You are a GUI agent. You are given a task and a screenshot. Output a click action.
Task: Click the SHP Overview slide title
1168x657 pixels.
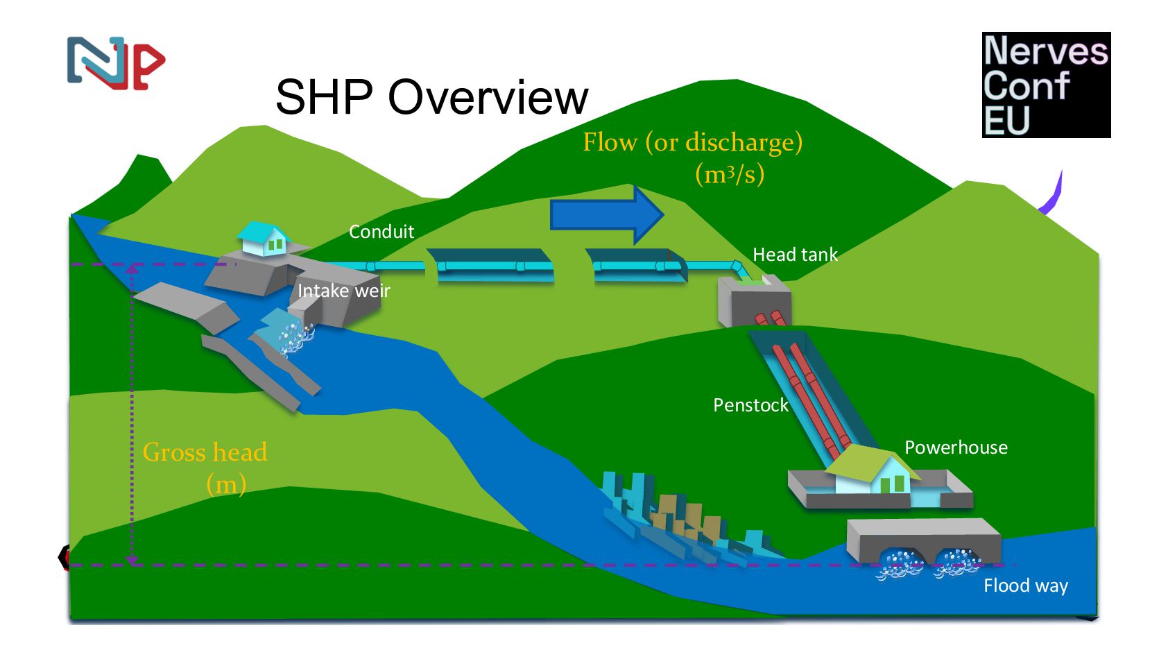click(x=431, y=97)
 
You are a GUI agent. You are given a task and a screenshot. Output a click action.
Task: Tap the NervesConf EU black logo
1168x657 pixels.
click(x=1045, y=85)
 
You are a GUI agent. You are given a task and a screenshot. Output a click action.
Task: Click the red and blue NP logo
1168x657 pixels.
click(x=116, y=63)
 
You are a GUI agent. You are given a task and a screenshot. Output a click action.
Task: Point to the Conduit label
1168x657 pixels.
click(x=381, y=232)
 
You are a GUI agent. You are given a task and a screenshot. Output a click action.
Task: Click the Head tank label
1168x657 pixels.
click(x=795, y=255)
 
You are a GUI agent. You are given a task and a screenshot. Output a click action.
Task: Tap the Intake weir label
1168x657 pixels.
click(x=343, y=291)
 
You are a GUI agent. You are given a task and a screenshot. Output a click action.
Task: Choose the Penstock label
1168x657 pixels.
click(x=750, y=405)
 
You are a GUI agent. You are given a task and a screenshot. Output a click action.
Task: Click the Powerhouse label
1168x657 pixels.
click(x=955, y=447)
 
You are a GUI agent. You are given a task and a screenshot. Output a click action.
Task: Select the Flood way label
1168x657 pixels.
click(x=1025, y=586)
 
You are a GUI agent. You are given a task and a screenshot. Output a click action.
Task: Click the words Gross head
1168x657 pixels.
click(x=205, y=452)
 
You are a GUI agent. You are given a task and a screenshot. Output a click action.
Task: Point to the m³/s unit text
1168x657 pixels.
click(x=730, y=174)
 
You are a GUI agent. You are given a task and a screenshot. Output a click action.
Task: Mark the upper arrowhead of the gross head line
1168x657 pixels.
click(x=132, y=268)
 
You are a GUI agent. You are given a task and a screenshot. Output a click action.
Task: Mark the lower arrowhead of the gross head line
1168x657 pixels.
click(x=132, y=559)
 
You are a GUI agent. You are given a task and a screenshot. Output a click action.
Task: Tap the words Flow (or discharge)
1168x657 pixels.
click(x=692, y=142)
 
